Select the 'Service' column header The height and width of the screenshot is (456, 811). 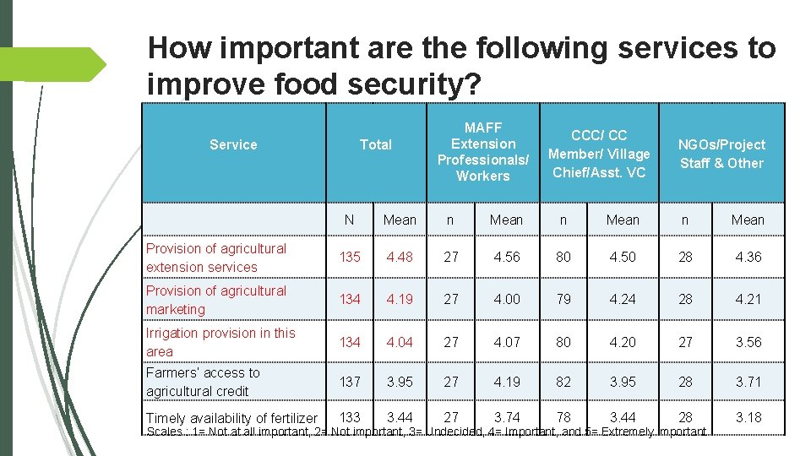click(x=233, y=144)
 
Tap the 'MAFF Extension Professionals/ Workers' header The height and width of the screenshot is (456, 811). click(x=483, y=152)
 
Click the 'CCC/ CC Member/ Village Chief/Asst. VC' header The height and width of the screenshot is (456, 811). click(x=599, y=154)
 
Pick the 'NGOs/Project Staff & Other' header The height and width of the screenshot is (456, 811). click(x=721, y=154)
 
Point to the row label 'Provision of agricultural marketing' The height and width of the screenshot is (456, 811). click(x=216, y=300)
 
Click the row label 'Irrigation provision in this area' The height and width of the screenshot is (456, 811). click(x=220, y=342)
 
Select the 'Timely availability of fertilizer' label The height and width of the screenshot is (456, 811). click(x=231, y=418)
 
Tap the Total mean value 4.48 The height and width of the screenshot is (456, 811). click(x=400, y=258)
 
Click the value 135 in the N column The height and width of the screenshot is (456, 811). click(x=350, y=258)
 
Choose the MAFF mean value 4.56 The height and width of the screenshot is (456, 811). click(x=506, y=258)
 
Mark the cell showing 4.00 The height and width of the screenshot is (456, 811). click(x=506, y=300)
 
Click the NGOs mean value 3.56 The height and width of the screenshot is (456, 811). click(x=748, y=342)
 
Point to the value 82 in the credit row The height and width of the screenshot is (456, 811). click(x=563, y=382)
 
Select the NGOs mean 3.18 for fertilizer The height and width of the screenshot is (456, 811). click(x=748, y=416)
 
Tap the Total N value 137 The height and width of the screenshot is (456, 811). click(x=350, y=382)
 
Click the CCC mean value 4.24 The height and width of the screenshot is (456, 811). click(x=623, y=300)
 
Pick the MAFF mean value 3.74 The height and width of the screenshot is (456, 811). click(x=506, y=416)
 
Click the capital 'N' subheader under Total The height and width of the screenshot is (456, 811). click(x=349, y=220)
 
